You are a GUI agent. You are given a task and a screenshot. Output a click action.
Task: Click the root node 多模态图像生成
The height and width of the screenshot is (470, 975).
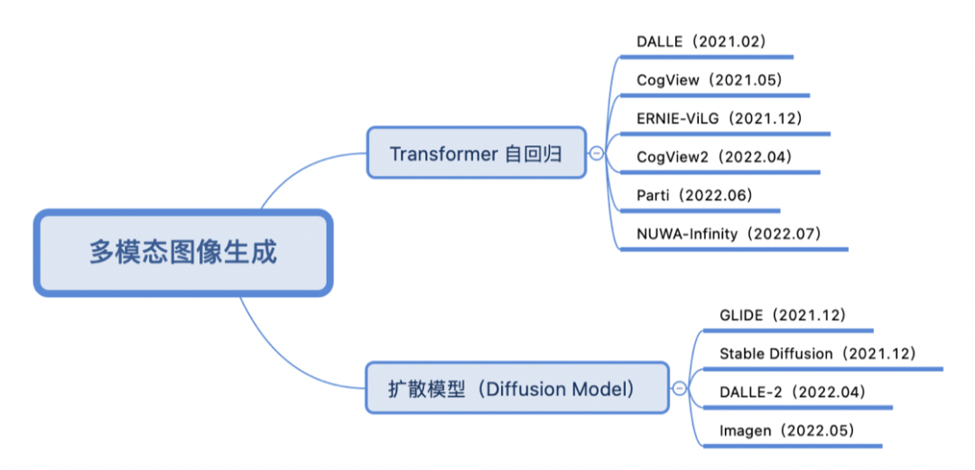182,252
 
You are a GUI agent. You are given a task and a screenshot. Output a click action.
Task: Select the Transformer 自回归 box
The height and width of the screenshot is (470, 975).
476,153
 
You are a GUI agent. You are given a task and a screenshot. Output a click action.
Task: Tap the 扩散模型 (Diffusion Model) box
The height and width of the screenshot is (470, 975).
516,389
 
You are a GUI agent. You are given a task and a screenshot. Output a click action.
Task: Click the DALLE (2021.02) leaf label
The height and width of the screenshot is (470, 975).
701,41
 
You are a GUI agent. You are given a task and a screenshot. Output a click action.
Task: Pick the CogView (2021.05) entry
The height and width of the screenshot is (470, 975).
709,80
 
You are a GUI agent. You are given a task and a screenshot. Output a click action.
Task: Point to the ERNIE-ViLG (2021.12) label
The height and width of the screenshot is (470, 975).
719,118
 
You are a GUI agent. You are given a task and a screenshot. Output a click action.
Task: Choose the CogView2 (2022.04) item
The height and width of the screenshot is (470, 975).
713,157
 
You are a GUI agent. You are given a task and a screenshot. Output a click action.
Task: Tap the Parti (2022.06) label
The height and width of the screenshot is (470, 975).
693,195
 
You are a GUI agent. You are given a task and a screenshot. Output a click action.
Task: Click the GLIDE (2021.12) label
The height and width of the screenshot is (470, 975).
782,315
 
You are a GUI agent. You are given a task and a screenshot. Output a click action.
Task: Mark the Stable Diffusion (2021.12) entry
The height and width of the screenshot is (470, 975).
817,354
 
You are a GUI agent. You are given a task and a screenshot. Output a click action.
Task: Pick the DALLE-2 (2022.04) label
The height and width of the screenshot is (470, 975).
792,392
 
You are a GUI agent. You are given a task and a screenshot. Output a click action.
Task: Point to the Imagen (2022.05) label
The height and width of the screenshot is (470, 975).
785,430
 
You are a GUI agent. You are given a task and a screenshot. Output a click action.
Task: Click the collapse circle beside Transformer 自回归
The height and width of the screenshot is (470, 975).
597,153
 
